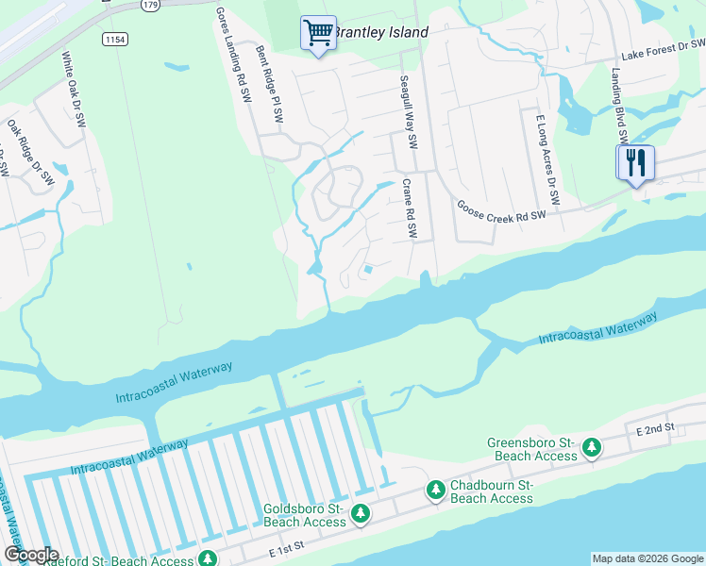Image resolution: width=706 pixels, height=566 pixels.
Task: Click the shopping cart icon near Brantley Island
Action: [318, 33]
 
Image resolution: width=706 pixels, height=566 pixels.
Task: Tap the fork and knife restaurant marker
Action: [635, 162]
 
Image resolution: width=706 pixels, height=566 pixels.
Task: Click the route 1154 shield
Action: [116, 39]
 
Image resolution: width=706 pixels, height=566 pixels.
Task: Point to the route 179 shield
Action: [149, 5]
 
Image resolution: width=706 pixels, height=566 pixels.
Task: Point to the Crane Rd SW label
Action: [409, 209]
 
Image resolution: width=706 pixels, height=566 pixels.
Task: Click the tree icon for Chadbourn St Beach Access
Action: [435, 490]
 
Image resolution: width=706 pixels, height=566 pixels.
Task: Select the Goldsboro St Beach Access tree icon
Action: [360, 514]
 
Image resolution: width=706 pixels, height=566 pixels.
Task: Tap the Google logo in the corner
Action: [31, 555]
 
